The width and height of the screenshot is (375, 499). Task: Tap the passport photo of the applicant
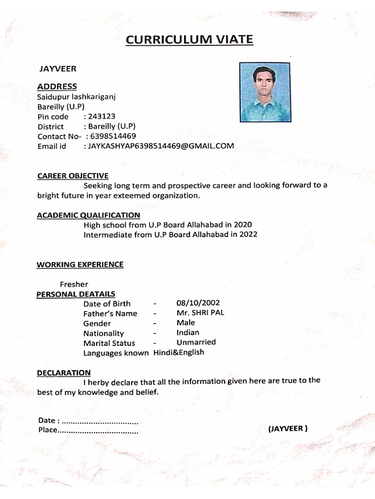click(265, 93)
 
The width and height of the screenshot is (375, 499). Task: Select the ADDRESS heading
click(57, 87)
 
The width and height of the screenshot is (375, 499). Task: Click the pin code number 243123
click(101, 116)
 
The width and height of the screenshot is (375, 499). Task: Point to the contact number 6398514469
click(113, 136)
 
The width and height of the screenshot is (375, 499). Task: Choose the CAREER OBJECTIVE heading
click(73, 176)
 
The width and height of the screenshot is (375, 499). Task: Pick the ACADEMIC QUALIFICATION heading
click(88, 215)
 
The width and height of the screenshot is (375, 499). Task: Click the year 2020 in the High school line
click(243, 225)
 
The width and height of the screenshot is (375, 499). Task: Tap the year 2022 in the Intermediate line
click(248, 234)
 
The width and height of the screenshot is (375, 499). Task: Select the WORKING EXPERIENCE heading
click(80, 265)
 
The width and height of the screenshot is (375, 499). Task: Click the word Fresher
click(74, 284)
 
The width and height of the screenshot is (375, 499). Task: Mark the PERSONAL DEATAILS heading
click(76, 294)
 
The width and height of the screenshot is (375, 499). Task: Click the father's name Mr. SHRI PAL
click(200, 313)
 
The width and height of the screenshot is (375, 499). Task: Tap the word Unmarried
click(196, 342)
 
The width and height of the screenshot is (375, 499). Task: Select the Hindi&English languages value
click(179, 352)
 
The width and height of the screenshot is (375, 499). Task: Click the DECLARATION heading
click(63, 373)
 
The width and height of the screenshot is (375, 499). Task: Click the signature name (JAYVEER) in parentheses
click(288, 429)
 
